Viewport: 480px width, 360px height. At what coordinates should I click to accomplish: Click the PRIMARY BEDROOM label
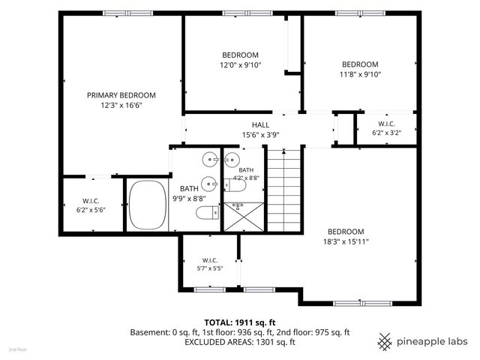[x=121, y=95]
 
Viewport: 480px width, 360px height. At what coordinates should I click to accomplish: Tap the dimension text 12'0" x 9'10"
[x=240, y=65]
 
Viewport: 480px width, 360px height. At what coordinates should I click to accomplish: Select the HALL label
[x=260, y=125]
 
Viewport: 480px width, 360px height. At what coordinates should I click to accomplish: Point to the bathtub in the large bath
[x=148, y=205]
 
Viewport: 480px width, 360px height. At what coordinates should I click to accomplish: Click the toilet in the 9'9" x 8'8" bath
[x=208, y=213]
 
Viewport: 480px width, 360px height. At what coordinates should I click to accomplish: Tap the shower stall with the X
[x=244, y=217]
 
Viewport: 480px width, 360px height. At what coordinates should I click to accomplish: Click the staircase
[x=284, y=190]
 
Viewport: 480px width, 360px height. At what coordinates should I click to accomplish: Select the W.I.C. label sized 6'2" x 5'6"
[x=91, y=201]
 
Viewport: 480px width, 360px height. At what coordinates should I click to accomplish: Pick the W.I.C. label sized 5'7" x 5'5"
[x=210, y=260]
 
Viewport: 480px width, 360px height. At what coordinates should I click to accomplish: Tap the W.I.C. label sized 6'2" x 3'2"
[x=387, y=124]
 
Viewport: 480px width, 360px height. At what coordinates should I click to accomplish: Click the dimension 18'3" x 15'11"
[x=346, y=241]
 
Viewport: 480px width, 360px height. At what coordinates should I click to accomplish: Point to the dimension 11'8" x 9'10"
[x=360, y=74]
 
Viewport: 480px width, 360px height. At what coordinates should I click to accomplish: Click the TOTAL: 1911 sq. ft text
[x=240, y=322]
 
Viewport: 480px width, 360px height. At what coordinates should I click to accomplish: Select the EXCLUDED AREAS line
[x=240, y=342]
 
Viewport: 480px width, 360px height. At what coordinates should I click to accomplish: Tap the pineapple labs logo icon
[x=385, y=342]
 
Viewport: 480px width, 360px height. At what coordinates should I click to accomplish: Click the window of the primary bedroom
[x=127, y=13]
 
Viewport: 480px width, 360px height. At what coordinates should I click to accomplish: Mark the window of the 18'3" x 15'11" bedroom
[x=363, y=303]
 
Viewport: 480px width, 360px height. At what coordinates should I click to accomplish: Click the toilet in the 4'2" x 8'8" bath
[x=235, y=185]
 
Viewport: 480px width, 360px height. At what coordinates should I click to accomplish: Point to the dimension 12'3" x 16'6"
[x=121, y=105]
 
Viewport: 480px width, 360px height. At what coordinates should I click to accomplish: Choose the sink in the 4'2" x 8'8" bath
[x=232, y=159]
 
